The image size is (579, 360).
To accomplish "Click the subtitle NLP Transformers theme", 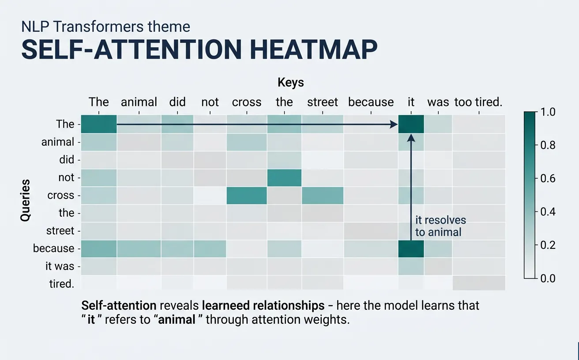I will pyautogui.click(x=105, y=26).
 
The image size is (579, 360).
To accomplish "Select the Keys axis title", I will pyautogui.click(x=290, y=82).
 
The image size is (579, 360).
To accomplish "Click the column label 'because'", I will pyautogui.click(x=371, y=102).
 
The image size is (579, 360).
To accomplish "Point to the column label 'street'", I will pyautogui.click(x=322, y=102).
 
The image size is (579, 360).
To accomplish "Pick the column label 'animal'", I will pyautogui.click(x=139, y=102).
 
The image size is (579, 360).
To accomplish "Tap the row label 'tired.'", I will pyautogui.click(x=61, y=284).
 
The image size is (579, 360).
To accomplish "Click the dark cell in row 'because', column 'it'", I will pyautogui.click(x=411, y=248).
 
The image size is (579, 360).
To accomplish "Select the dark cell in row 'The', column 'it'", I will pyautogui.click(x=411, y=124).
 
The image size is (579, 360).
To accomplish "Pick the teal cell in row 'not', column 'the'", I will pyautogui.click(x=284, y=177).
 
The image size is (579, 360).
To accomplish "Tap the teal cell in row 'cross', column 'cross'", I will pyautogui.click(x=247, y=195).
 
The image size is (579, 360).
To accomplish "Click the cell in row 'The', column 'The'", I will pyautogui.click(x=99, y=124).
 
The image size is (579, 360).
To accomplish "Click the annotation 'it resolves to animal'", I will pyautogui.click(x=440, y=226).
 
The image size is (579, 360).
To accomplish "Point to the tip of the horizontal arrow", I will pyautogui.click(x=397, y=125).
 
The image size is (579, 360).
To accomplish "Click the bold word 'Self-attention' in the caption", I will pyautogui.click(x=119, y=305).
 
